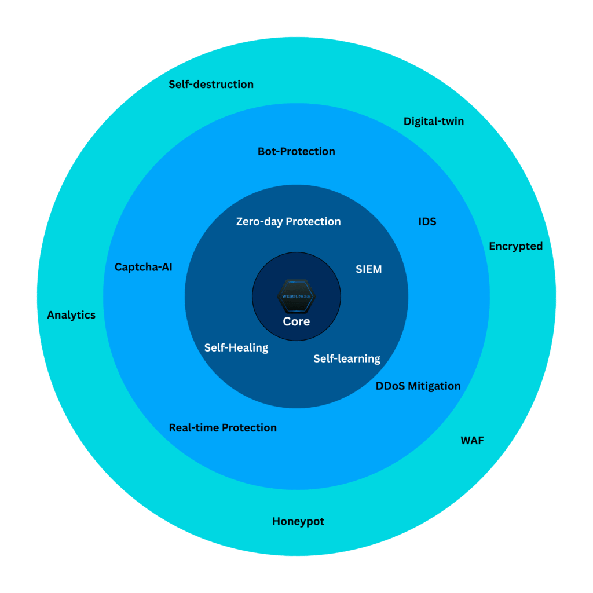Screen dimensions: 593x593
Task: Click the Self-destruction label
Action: coord(211,85)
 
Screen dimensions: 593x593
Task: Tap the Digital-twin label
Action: coord(434,122)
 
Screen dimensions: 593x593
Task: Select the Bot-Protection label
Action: coord(296,152)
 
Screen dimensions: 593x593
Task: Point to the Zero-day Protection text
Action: coord(288,222)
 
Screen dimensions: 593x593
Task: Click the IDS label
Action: coord(427,222)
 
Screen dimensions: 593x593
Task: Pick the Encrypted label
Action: coord(515,247)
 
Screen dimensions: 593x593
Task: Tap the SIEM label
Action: coord(368,269)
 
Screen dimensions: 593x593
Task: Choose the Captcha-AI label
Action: coord(143,268)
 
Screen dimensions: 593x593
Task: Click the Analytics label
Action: coord(71,316)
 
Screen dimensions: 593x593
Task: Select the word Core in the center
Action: coord(296,322)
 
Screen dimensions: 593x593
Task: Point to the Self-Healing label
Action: coord(236,348)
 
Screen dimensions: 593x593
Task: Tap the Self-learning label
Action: coord(347,359)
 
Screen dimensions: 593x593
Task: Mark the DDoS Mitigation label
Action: coord(418,386)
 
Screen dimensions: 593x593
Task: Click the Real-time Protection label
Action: coord(222,428)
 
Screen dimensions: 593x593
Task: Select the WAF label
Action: coord(472,441)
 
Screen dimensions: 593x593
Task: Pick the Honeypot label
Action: coord(298,522)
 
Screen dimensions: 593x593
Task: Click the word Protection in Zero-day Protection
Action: coord(313,222)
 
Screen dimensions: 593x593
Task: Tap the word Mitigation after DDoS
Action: coord(434,386)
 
